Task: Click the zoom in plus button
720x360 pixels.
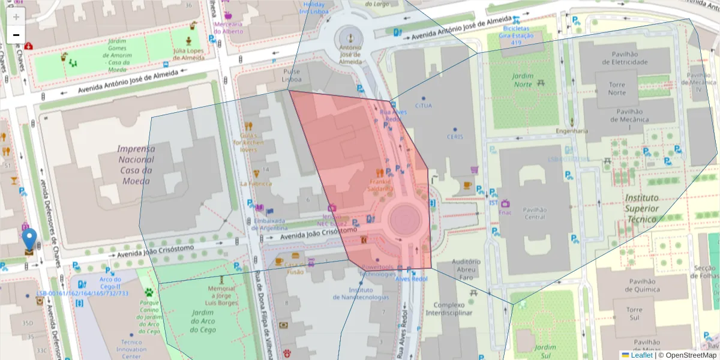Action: pos(16,16)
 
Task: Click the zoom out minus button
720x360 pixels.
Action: pos(16,35)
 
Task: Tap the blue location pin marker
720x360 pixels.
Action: pos(29,239)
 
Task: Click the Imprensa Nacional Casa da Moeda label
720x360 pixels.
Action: pos(136,164)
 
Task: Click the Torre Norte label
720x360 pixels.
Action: pos(616,89)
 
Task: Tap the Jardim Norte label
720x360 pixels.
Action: pos(523,80)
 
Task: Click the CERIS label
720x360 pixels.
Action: pos(455,137)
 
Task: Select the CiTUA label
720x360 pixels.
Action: pos(423,106)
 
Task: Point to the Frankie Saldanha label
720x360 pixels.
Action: pos(380,185)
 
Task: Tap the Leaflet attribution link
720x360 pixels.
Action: pos(641,355)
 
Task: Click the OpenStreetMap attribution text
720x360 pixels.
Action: pos(687,355)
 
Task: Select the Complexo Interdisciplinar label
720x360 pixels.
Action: pos(449,308)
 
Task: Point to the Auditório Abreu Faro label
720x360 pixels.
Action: pos(466,269)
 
